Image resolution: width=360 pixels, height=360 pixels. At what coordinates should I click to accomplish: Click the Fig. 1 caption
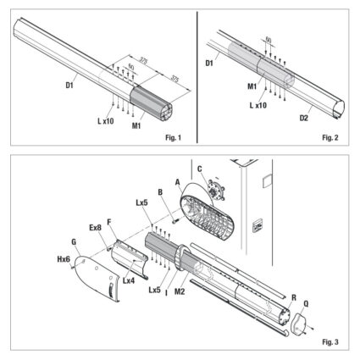click(173, 138)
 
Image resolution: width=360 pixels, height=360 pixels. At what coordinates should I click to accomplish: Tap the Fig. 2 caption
click(330, 138)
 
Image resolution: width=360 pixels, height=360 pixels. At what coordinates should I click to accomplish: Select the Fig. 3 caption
click(330, 342)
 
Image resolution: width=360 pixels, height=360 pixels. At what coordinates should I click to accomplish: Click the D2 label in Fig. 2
click(304, 118)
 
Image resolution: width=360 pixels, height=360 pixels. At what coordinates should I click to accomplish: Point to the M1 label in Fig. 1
click(136, 125)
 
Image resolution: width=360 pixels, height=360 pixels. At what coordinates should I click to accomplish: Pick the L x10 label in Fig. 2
click(258, 105)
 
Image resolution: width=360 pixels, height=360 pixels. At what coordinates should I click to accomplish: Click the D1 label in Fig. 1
click(69, 85)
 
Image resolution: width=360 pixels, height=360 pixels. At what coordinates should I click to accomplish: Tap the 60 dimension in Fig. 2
click(269, 41)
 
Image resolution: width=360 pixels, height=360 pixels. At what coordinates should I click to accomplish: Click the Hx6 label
click(64, 259)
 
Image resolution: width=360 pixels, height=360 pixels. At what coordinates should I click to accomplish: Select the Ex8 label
click(95, 228)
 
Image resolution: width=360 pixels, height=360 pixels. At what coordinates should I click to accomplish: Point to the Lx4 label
click(129, 280)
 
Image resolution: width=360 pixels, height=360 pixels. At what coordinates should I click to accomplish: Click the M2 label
click(180, 291)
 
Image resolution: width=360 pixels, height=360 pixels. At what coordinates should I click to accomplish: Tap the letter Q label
click(306, 304)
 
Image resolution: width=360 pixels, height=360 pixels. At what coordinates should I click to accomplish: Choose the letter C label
click(200, 169)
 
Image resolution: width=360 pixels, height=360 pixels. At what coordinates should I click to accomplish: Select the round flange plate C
click(215, 190)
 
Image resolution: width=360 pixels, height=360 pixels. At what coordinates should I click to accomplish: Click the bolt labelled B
click(175, 220)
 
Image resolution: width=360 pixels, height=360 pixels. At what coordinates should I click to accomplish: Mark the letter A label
click(177, 182)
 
